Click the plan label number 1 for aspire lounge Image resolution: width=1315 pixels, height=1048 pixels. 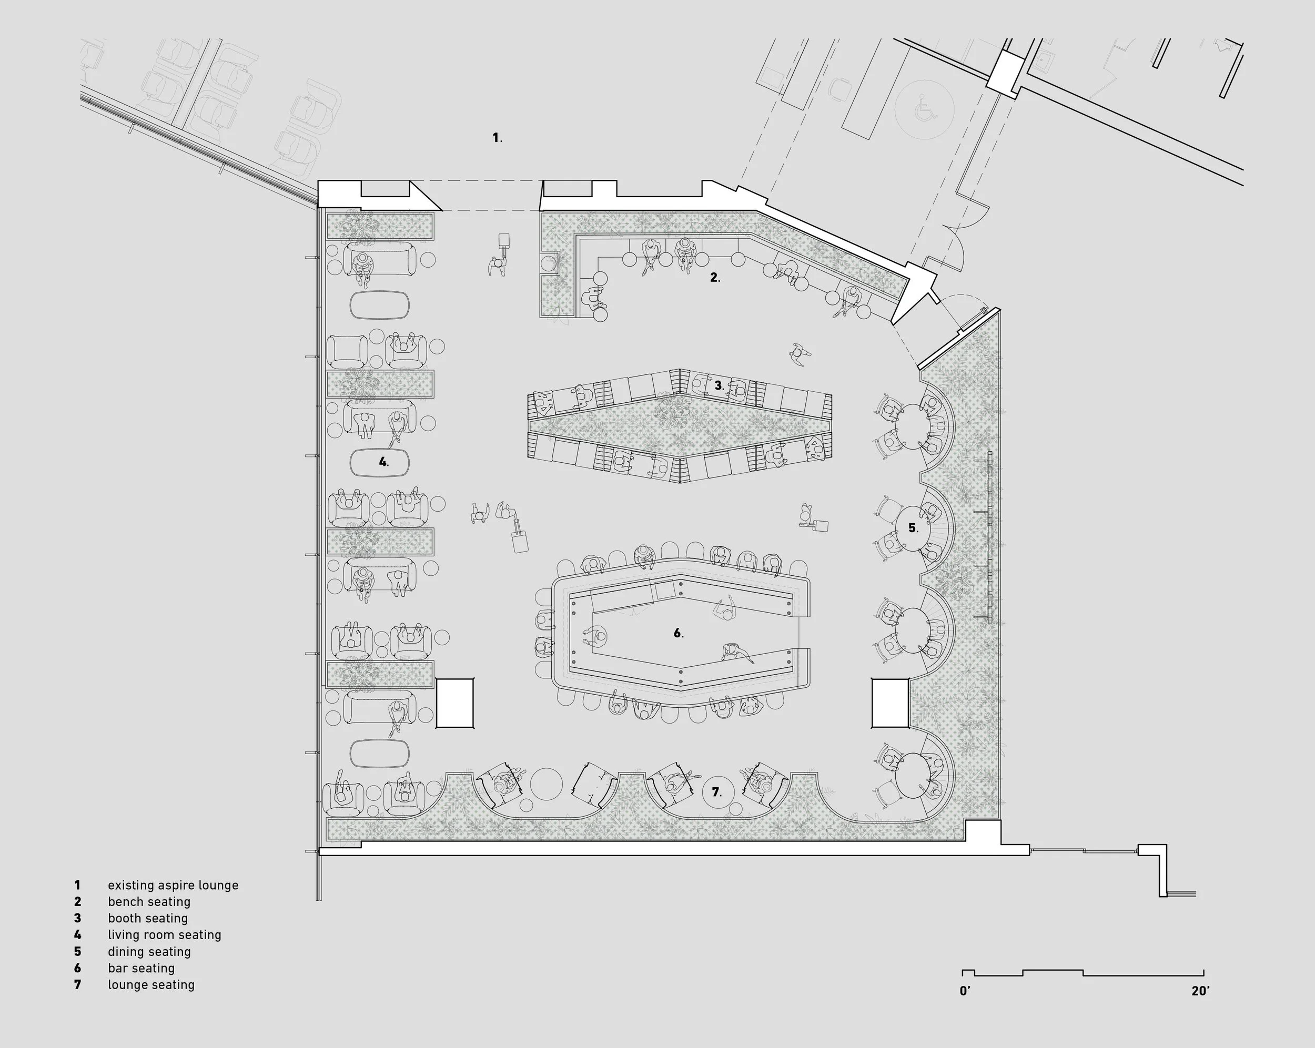(x=497, y=138)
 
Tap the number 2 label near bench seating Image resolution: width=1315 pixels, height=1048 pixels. (x=714, y=278)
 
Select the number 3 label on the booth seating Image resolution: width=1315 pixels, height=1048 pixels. (x=719, y=385)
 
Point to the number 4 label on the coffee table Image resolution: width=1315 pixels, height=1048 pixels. (x=383, y=462)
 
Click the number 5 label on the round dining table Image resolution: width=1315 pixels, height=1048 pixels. (x=913, y=527)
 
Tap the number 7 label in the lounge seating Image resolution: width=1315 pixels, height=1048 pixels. (x=716, y=792)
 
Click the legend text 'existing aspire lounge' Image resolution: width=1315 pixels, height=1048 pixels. (x=173, y=885)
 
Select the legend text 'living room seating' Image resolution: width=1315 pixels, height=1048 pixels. (x=164, y=934)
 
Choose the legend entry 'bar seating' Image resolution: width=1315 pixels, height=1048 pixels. (x=141, y=968)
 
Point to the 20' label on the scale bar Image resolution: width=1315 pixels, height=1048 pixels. (x=1200, y=991)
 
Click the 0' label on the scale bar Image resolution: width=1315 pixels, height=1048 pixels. (x=965, y=991)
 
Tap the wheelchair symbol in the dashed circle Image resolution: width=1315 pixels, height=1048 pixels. (x=925, y=110)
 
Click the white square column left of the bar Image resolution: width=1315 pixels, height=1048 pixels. (x=454, y=703)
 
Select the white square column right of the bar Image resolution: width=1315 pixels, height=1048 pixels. (x=890, y=703)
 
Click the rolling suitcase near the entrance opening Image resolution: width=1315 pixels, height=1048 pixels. (x=504, y=241)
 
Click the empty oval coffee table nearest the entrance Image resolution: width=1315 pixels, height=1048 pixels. (x=379, y=304)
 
